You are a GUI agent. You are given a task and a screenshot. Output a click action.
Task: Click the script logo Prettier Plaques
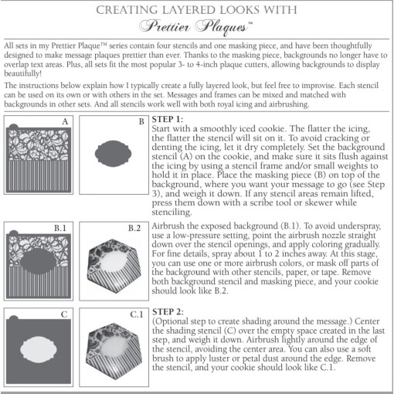pyautogui.click(x=195, y=27)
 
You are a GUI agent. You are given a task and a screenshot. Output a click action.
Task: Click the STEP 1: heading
pyautogui.click(x=168, y=119)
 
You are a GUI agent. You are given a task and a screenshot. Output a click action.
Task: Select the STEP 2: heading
pyautogui.click(x=168, y=312)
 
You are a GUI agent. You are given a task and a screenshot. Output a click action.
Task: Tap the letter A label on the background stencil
pyautogui.click(x=65, y=121)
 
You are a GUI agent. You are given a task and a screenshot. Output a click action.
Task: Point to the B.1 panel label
pyautogui.click(x=60, y=228)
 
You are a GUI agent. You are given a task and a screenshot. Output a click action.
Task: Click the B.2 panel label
pyautogui.click(x=134, y=228)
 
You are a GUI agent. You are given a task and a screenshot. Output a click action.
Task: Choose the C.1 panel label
pyautogui.click(x=137, y=314)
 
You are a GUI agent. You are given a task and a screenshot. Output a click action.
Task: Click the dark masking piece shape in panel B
pyautogui.click(x=113, y=154)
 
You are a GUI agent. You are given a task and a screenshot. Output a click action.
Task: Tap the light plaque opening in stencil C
pyautogui.click(x=39, y=349)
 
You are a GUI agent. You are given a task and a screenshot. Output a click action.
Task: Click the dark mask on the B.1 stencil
pyautogui.click(x=39, y=261)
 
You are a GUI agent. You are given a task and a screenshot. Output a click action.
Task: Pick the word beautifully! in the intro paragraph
pyautogui.click(x=22, y=73)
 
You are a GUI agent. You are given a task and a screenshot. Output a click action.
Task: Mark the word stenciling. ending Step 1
pyautogui.click(x=172, y=212)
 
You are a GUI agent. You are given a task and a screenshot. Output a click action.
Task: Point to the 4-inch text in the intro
pyautogui.click(x=205, y=64)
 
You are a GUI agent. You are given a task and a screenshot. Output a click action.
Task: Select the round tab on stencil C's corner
pyautogui.click(x=14, y=318)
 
